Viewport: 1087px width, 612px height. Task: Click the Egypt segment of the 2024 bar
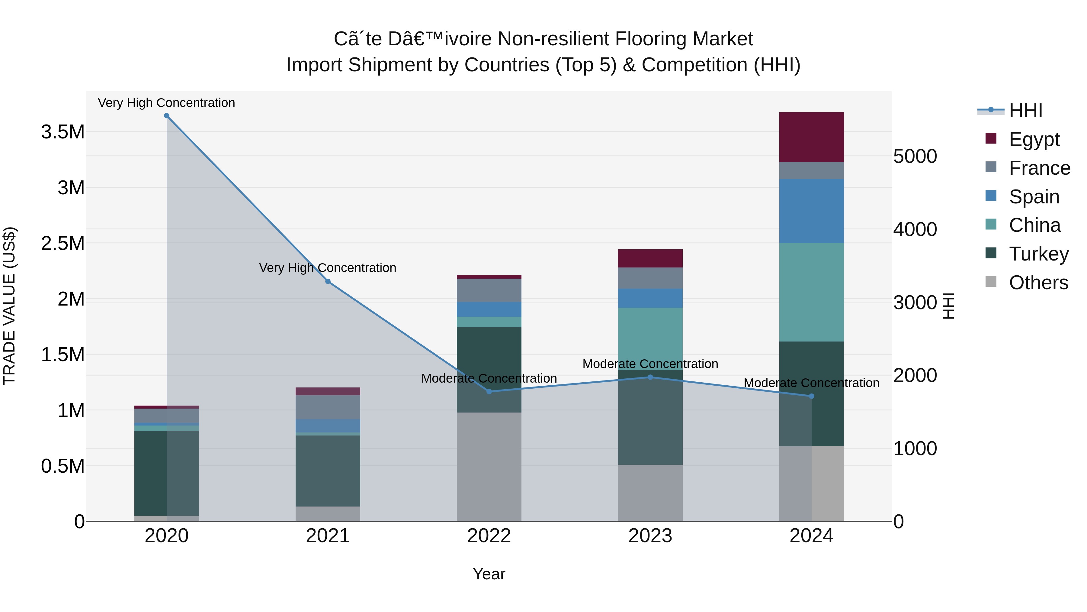(x=811, y=137)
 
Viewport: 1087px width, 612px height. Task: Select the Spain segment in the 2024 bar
(x=811, y=210)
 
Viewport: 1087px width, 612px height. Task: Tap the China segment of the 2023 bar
(x=650, y=338)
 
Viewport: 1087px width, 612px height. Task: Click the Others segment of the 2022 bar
(x=489, y=466)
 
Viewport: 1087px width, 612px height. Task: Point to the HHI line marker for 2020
(x=166, y=116)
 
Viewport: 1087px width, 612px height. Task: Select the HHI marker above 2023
(x=650, y=377)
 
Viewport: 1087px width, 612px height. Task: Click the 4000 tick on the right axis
(x=915, y=229)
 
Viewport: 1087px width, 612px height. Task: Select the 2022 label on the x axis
(x=489, y=536)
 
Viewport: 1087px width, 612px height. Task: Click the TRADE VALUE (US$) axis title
(x=9, y=306)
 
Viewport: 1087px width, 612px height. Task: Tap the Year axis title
(x=489, y=574)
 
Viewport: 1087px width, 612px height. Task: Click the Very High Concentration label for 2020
(x=166, y=103)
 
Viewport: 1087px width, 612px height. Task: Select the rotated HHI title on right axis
(x=948, y=306)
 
